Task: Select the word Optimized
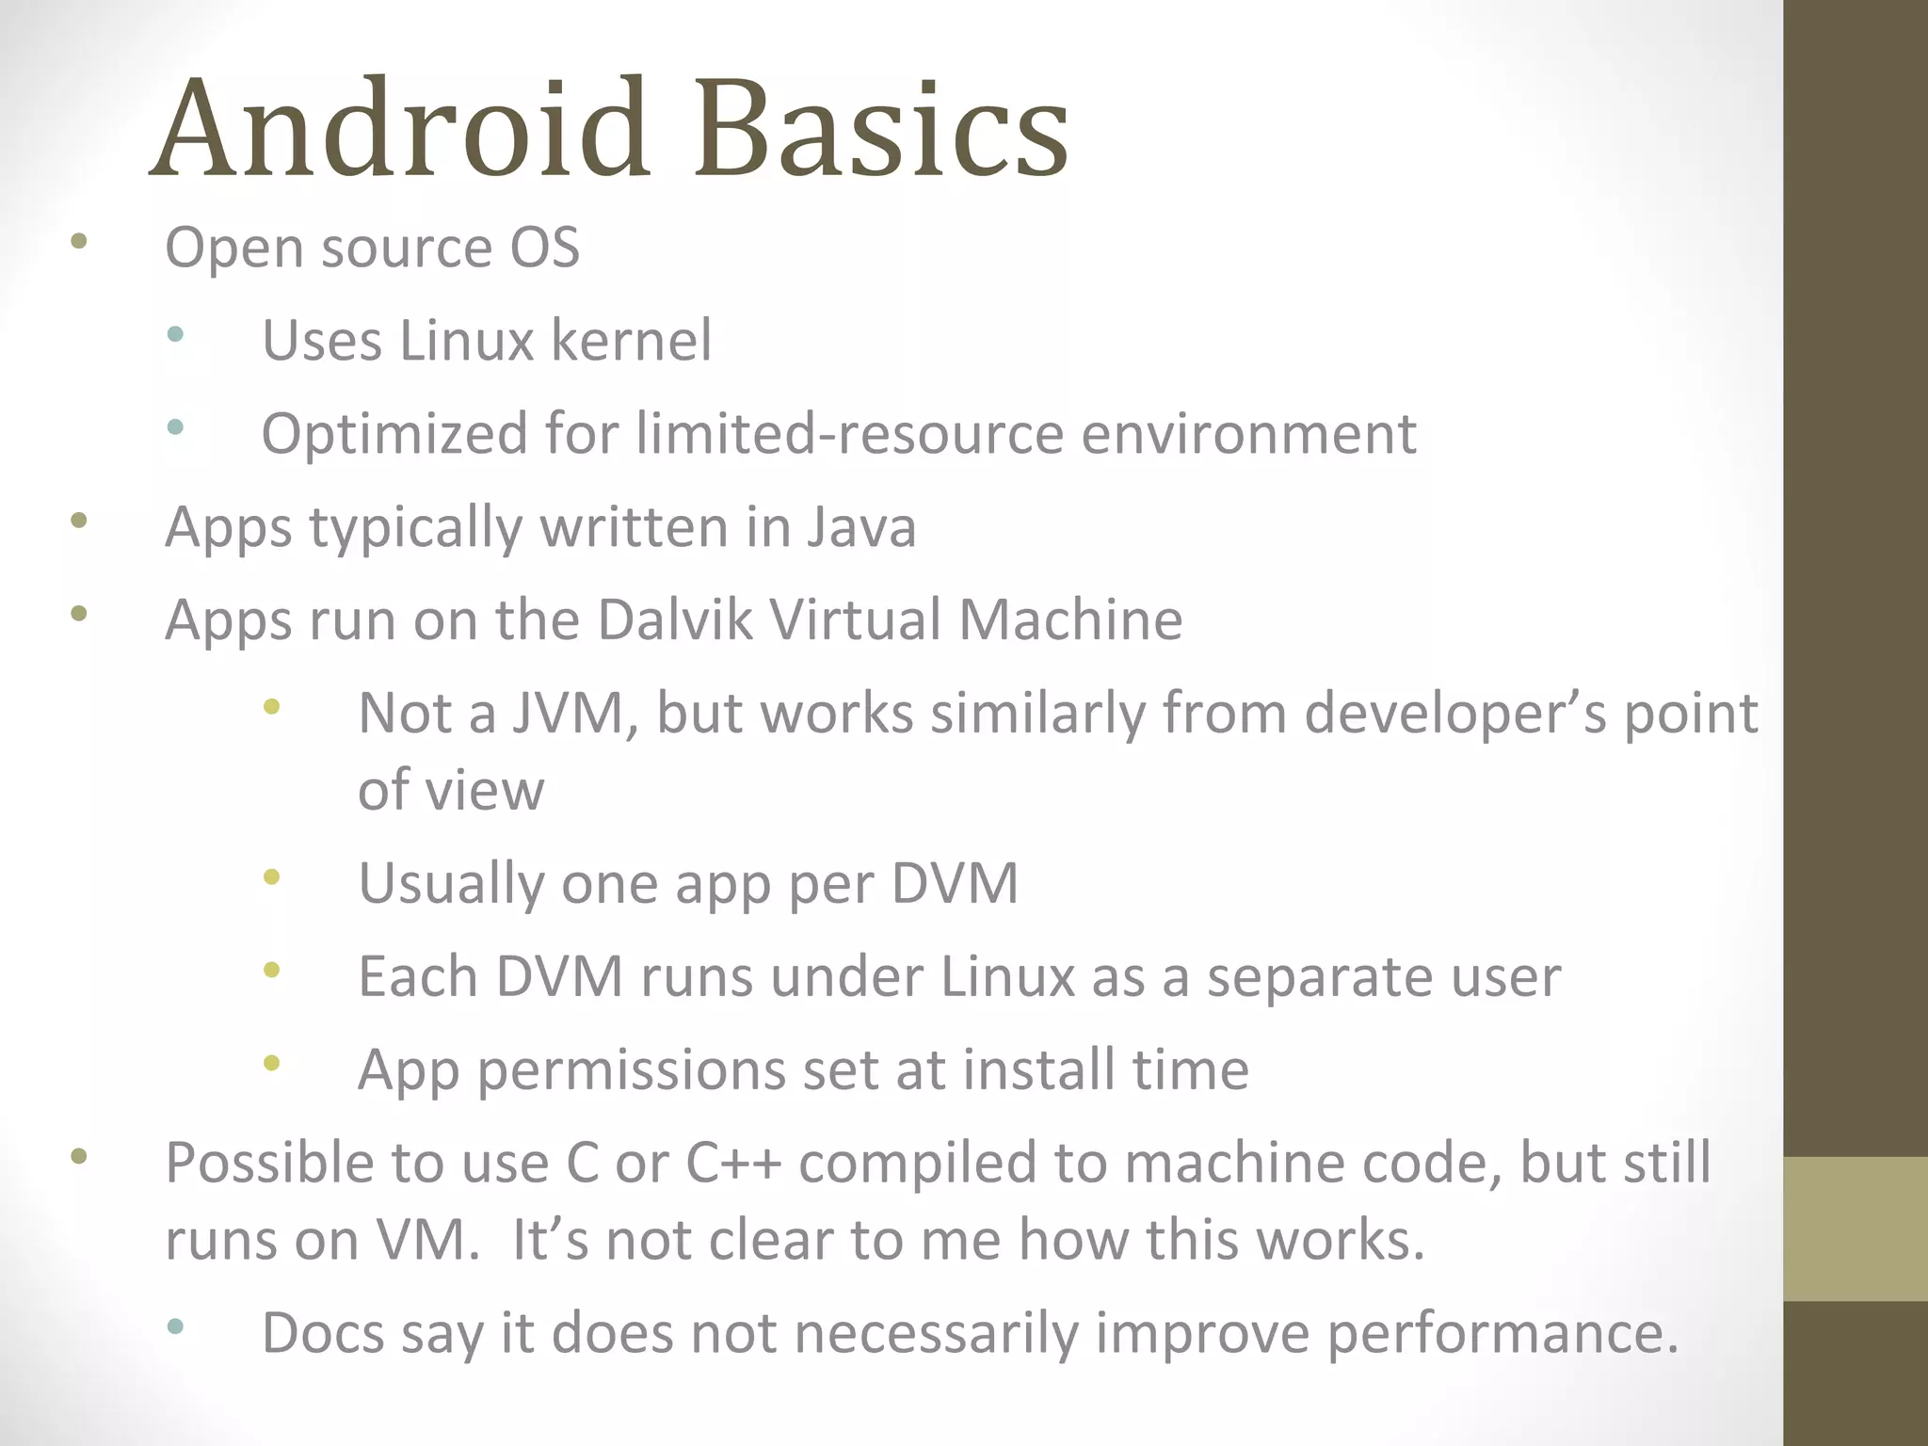pyautogui.click(x=394, y=434)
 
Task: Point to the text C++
pyautogui.click(x=732, y=1163)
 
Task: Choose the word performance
pyautogui.click(x=1502, y=1333)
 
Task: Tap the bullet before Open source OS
pyautogui.click(x=79, y=242)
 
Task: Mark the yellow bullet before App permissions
pyautogui.click(x=272, y=1064)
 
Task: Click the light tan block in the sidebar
pyautogui.click(x=1855, y=1229)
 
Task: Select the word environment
pyautogui.click(x=1248, y=434)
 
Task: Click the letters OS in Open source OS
pyautogui.click(x=544, y=248)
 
